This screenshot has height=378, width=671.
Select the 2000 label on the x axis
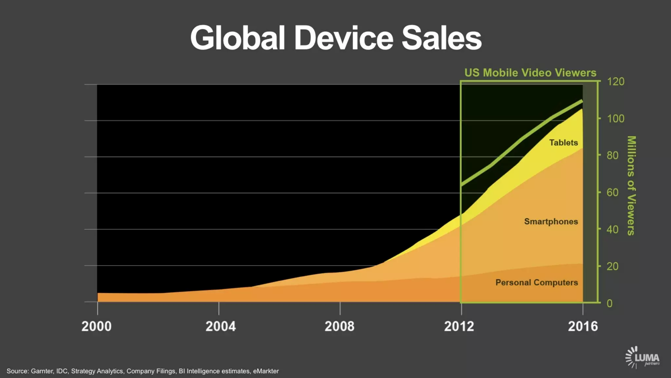coord(96,326)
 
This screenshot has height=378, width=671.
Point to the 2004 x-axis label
coord(220,326)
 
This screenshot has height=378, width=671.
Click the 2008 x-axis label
coord(339,326)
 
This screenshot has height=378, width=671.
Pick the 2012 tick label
coord(459,326)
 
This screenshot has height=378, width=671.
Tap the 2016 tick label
coord(583,326)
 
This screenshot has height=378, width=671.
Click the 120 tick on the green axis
coord(616,81)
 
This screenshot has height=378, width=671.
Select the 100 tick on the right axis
coord(616,118)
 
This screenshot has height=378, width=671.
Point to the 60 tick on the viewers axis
coord(613,192)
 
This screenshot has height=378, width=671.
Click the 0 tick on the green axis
coord(609,303)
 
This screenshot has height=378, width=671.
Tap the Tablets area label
coord(564,143)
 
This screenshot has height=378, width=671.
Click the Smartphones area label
coord(551,221)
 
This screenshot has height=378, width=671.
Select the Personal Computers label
coord(537,283)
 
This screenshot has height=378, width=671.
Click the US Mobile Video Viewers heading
coord(530,73)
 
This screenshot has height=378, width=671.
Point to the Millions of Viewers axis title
coord(631,185)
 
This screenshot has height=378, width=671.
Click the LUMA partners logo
coord(642,357)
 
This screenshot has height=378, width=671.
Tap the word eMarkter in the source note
coord(266,371)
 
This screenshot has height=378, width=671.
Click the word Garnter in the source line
coord(42,371)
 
